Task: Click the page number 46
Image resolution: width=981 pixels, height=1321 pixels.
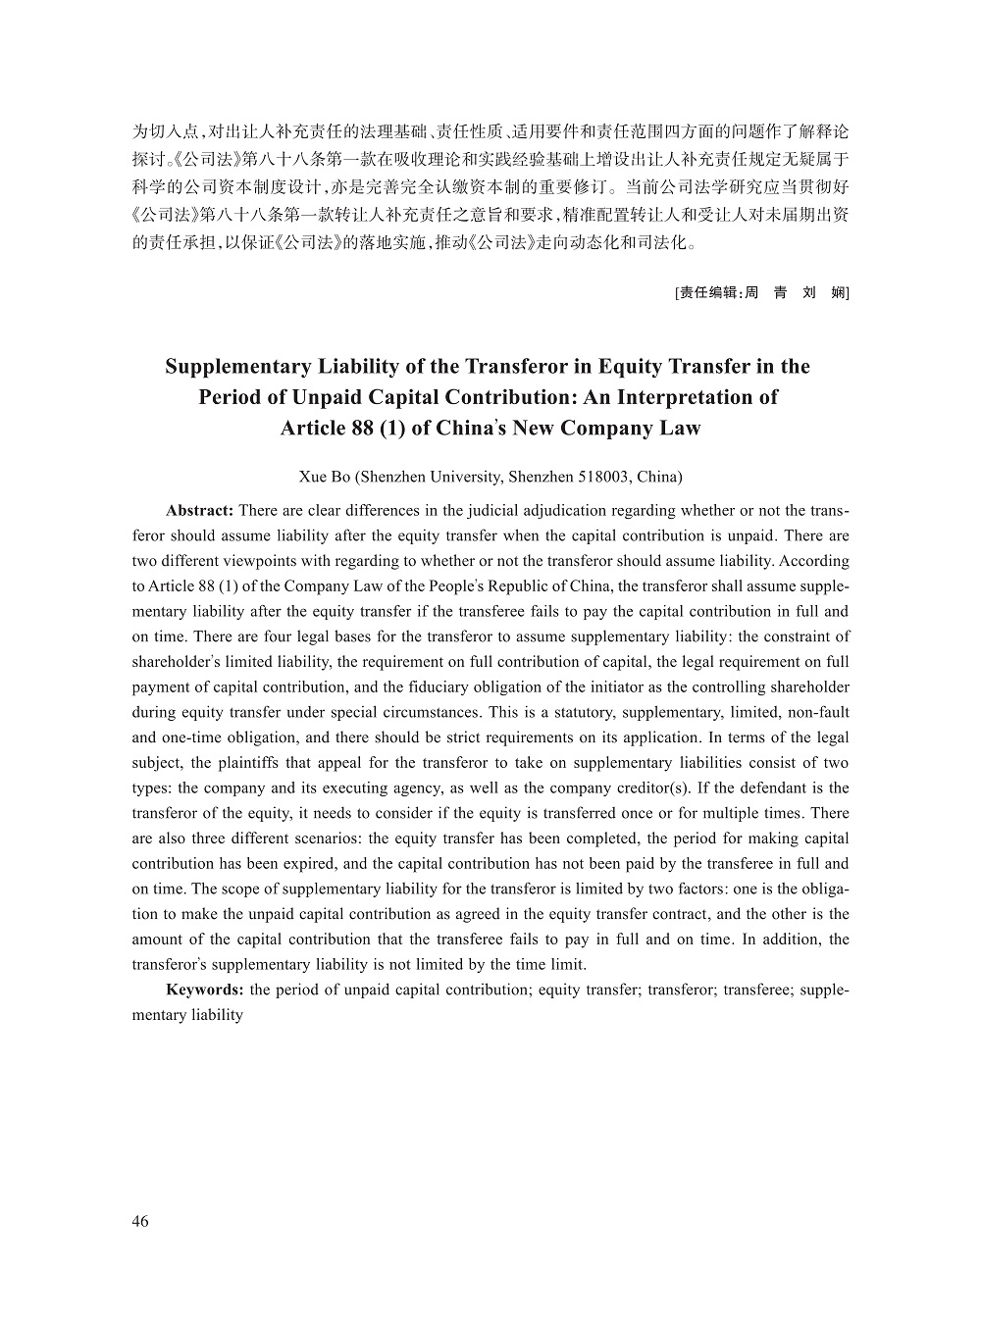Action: point(140,1221)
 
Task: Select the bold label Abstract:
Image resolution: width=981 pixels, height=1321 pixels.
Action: point(199,511)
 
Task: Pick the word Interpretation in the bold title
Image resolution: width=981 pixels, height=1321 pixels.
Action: point(672,397)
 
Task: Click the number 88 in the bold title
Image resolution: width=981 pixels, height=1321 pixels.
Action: point(361,429)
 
